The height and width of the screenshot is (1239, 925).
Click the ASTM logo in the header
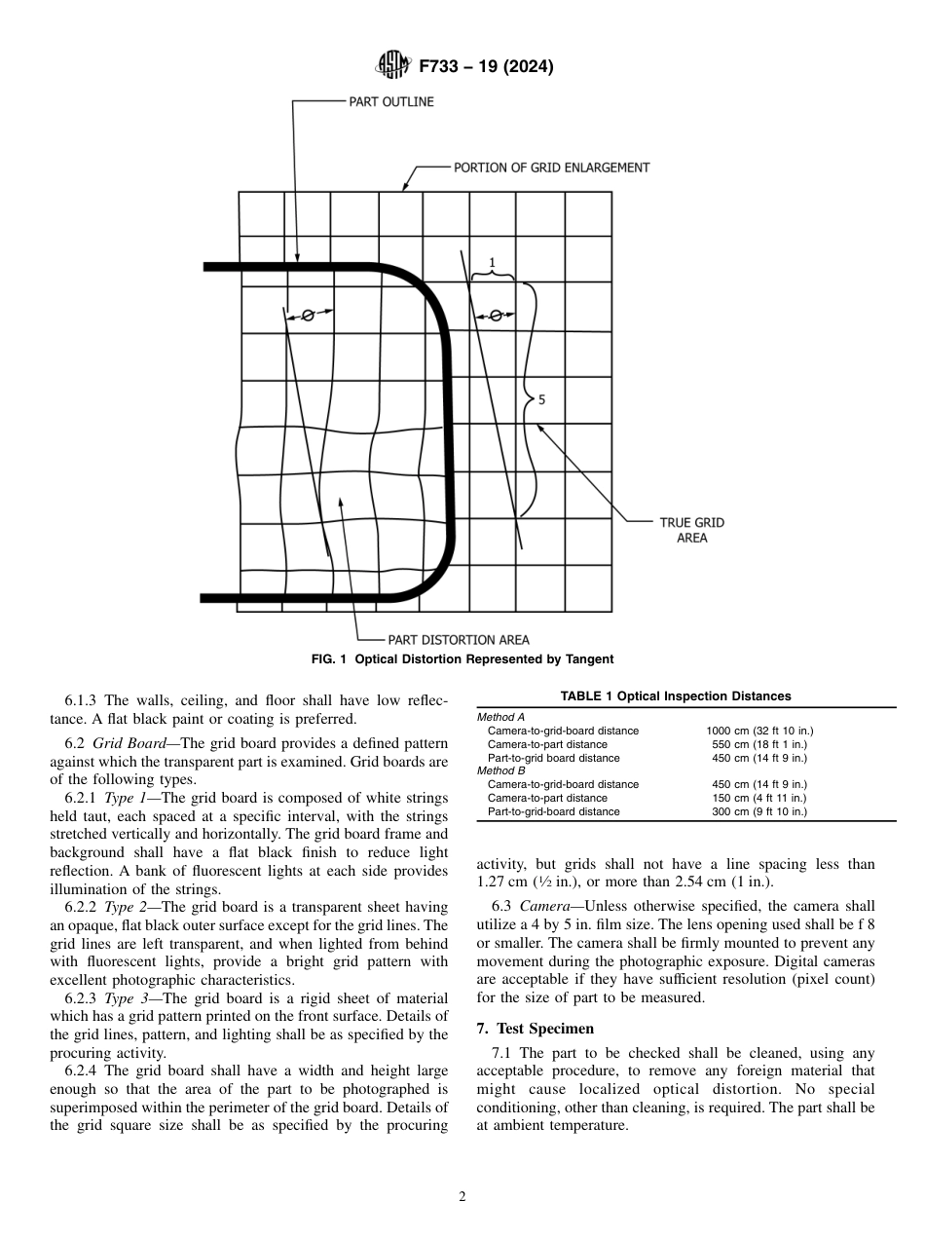[393, 66]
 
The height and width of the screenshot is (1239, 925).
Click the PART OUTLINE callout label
[391, 101]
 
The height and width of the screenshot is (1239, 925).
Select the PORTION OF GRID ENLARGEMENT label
[551, 168]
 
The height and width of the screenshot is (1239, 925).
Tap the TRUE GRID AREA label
[691, 530]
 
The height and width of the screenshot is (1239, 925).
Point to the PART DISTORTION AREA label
[459, 640]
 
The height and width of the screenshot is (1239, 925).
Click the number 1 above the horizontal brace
[492, 263]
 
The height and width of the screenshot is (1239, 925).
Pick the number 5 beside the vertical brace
[541, 399]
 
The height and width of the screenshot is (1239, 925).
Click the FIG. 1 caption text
[462, 659]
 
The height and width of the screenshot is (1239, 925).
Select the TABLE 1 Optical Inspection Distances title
[676, 695]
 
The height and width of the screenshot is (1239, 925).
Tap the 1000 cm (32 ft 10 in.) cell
[759, 731]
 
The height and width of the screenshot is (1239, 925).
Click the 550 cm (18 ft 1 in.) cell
[759, 744]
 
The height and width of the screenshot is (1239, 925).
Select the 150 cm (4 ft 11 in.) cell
[759, 798]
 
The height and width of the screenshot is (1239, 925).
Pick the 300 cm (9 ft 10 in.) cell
[759, 811]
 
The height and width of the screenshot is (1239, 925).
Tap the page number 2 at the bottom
[462, 1197]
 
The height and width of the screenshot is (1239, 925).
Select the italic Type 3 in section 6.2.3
[123, 998]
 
